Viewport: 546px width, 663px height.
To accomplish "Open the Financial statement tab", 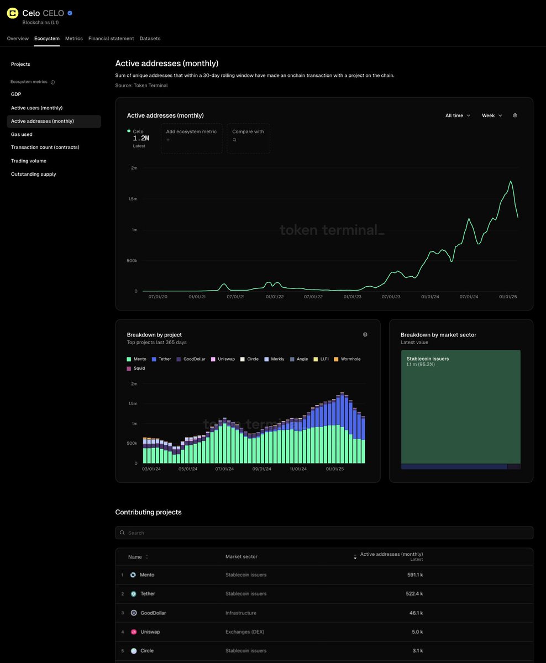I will click(111, 39).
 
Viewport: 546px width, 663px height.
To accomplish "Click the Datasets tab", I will click(150, 39).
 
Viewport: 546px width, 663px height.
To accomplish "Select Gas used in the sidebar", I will click(22, 134).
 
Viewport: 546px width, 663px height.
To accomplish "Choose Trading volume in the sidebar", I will click(29, 161).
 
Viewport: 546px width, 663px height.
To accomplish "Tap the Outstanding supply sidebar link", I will click(33, 174).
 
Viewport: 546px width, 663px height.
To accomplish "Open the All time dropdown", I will click(458, 115).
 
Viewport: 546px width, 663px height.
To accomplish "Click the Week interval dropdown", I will click(492, 115).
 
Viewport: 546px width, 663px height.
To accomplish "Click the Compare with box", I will click(248, 138).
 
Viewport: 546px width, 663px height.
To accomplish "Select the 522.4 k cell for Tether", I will click(414, 594).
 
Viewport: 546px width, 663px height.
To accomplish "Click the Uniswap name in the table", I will click(150, 632).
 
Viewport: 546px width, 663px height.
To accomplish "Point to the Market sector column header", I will click(242, 556).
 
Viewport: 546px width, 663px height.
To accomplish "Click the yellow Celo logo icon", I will click(13, 13).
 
